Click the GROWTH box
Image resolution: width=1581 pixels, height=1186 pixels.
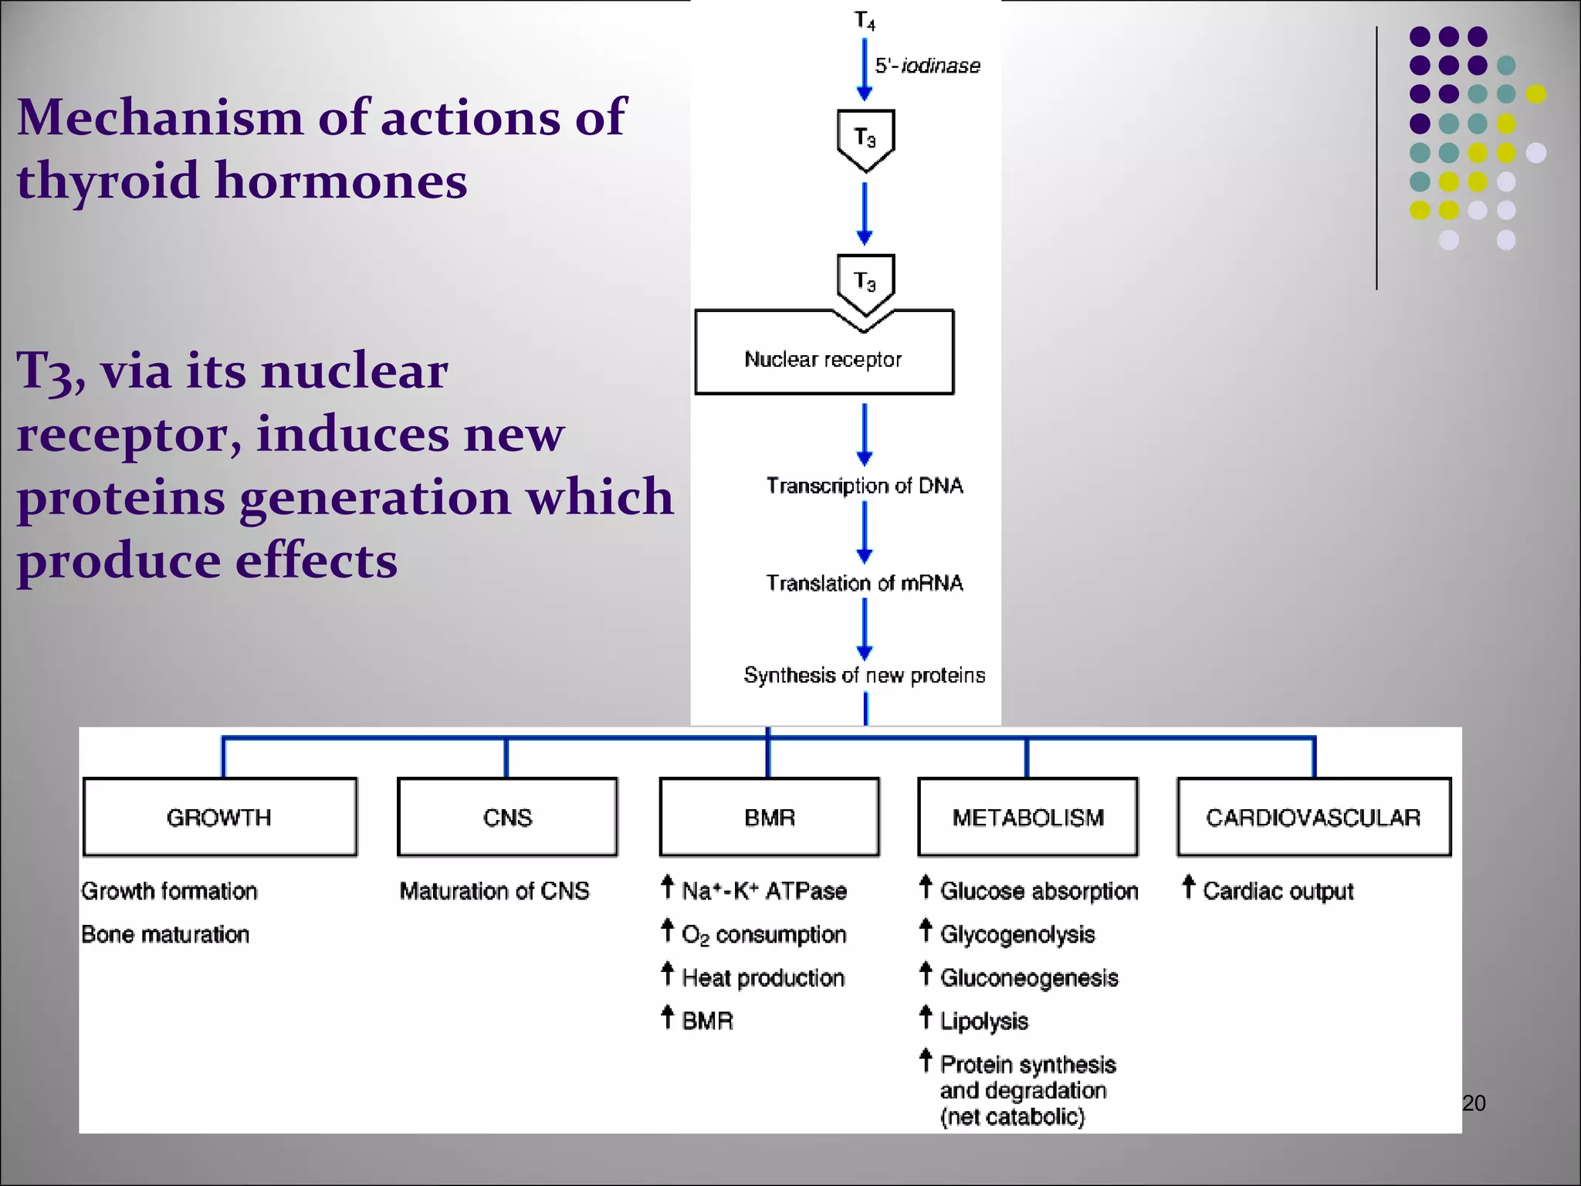coord(219,817)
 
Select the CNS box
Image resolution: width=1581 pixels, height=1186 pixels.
coord(507,817)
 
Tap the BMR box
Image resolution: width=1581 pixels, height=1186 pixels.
coord(769,817)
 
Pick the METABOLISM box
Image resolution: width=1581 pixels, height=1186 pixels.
coord(1027,817)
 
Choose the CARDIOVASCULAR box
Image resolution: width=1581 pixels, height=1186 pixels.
coord(1313,817)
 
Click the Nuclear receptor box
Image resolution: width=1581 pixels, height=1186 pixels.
coord(824,359)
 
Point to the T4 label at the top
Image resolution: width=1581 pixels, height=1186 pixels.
coord(865,20)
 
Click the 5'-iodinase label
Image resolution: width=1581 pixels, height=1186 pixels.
coord(927,66)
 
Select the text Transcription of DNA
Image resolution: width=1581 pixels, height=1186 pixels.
coord(865,486)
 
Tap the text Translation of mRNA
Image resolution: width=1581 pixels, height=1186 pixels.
coord(865,583)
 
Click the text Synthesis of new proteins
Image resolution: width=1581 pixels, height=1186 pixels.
coord(865,675)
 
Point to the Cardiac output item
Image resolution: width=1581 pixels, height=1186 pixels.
coord(1278,891)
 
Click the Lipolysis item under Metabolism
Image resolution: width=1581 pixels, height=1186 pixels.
coord(983,1021)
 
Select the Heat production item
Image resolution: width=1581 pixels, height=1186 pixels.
coord(763,978)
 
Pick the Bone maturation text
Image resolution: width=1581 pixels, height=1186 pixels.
coord(165,934)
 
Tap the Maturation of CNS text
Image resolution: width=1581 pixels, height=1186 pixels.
coord(494,891)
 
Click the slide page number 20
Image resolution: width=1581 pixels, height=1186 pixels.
coord(1474,1103)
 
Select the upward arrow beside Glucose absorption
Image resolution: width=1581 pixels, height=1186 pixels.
coord(926,887)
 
